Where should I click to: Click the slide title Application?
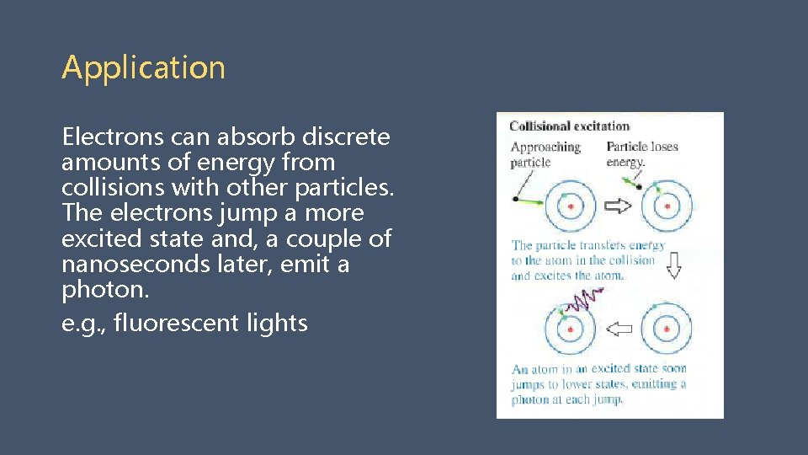click(x=143, y=67)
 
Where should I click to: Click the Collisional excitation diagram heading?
click(x=570, y=126)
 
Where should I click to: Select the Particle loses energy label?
click(x=641, y=153)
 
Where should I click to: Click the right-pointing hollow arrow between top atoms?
click(x=619, y=206)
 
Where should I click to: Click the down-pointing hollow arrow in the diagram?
click(x=673, y=267)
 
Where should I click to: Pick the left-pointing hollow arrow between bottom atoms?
click(x=619, y=328)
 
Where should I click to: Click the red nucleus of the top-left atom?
click(x=571, y=206)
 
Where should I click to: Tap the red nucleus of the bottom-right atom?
click(x=667, y=328)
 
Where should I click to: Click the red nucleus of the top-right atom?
click(x=667, y=206)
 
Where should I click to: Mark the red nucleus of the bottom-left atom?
click(x=571, y=328)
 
